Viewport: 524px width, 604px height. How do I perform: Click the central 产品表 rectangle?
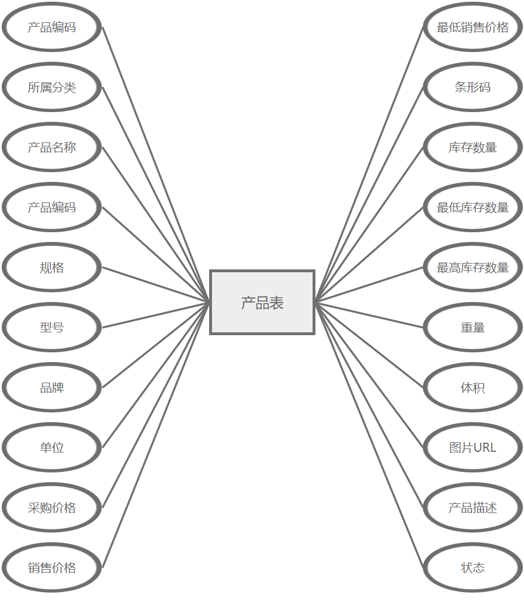click(262, 302)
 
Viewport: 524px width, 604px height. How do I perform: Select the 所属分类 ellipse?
click(52, 88)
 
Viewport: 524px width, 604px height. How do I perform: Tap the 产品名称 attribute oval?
click(52, 148)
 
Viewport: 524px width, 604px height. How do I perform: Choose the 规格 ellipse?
click(52, 268)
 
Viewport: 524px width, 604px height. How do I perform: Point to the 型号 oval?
click(52, 328)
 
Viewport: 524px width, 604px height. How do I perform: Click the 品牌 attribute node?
click(52, 388)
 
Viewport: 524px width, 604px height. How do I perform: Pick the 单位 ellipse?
click(52, 448)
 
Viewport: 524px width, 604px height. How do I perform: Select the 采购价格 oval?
click(52, 508)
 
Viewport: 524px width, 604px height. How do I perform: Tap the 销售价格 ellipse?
click(52, 568)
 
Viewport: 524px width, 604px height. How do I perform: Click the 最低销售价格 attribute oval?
click(473, 27)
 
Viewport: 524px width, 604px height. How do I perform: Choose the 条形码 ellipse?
click(473, 88)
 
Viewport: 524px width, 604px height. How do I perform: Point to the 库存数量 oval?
click(473, 148)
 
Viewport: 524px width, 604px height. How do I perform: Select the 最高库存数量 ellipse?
click(473, 268)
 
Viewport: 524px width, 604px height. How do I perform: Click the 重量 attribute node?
click(473, 328)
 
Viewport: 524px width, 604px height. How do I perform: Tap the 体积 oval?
click(473, 388)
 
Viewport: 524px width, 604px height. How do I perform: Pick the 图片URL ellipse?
click(473, 448)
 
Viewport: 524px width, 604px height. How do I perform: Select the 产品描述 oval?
click(473, 508)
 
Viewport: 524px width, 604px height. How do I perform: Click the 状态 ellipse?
click(473, 568)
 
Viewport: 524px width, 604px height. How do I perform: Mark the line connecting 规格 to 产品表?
click(156, 285)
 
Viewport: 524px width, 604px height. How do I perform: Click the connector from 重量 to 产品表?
click(369, 315)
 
